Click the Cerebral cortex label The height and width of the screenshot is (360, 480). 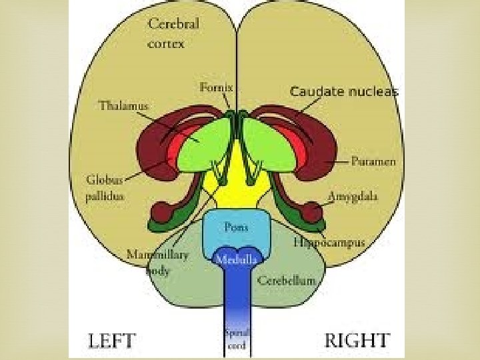click(x=173, y=33)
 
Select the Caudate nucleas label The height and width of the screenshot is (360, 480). click(x=344, y=92)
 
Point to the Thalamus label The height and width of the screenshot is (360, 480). click(x=123, y=105)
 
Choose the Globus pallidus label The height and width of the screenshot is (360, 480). click(x=105, y=187)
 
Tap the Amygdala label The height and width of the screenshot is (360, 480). click(x=353, y=197)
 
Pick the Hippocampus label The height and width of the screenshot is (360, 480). click(x=329, y=243)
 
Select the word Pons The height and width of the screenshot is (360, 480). click(x=236, y=227)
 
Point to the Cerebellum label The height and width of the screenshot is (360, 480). click(x=286, y=281)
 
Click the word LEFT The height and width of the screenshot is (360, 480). click(x=112, y=341)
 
